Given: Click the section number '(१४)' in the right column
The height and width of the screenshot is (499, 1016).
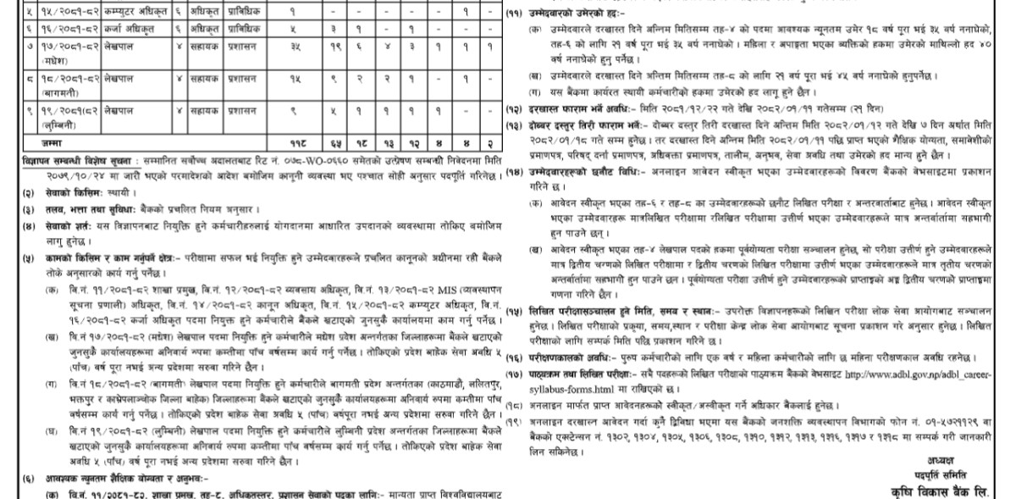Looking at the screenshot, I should tap(514, 173).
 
